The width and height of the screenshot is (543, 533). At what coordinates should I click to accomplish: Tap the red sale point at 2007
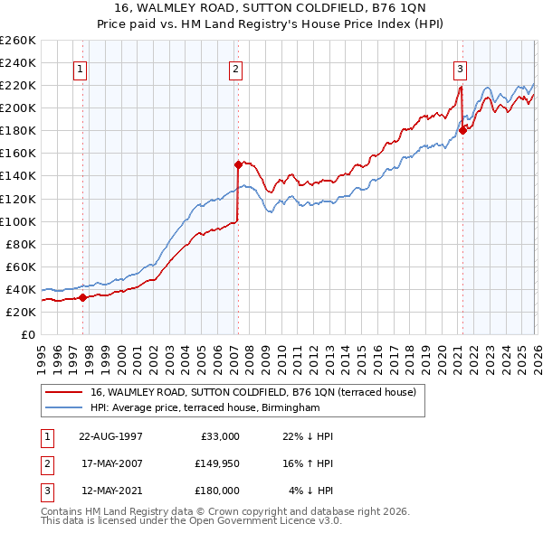click(238, 164)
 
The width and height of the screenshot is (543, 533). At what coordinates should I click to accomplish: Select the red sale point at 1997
click(82, 296)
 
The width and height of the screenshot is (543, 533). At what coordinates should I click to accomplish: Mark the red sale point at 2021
click(462, 130)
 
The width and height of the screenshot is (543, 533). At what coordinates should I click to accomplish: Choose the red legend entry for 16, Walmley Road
click(252, 392)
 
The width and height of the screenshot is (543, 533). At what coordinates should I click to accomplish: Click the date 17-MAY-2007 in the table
click(110, 463)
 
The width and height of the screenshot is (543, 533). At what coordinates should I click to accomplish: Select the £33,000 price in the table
click(217, 436)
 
